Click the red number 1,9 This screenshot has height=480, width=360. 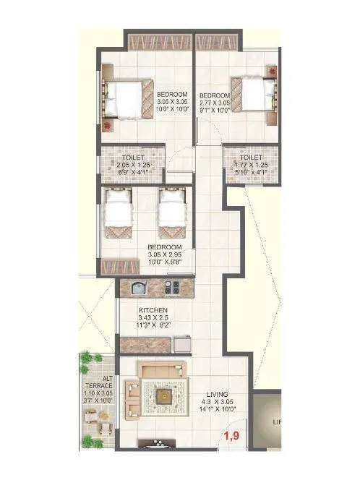pyautogui.click(x=231, y=435)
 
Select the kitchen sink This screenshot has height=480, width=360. pyautogui.click(x=140, y=288)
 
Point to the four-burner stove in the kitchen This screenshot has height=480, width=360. pyautogui.click(x=172, y=288)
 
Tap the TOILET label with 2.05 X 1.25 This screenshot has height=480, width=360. pyautogui.click(x=134, y=158)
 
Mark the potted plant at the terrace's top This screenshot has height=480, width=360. pyautogui.click(x=88, y=358)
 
